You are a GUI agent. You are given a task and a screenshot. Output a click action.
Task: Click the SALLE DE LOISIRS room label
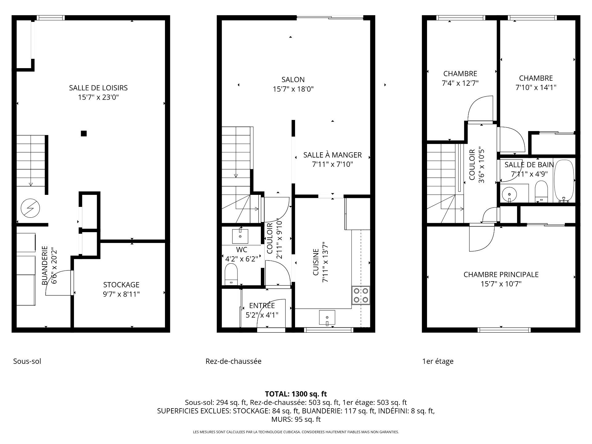coord(98,88)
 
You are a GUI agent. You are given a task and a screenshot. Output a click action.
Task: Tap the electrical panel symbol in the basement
coord(30,208)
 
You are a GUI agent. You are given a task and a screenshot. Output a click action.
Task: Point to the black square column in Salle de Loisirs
coord(84,134)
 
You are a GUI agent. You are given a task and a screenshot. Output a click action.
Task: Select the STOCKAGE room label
coord(121,285)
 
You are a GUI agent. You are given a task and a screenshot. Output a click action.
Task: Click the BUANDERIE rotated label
coord(45,265)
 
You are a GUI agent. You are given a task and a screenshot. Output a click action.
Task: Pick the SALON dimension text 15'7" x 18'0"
coord(293,89)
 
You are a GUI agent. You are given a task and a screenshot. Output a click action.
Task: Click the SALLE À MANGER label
coord(332,155)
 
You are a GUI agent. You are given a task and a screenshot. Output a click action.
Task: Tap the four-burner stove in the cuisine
coord(361,295)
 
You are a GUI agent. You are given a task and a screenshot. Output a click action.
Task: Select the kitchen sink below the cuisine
coord(327,318)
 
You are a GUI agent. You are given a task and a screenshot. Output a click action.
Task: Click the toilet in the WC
coord(231,275)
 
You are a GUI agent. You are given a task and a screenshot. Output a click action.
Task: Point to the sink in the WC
coord(240,236)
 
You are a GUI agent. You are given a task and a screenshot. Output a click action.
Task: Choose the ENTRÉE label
coord(262,306)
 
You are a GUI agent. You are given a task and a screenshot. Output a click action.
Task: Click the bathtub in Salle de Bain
coord(564,181)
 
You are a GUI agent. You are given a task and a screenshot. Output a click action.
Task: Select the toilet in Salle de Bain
coord(541,191)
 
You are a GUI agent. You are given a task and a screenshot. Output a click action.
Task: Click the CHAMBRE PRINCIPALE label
coord(501,274)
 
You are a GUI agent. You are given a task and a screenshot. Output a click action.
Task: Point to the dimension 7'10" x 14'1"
coord(536,88)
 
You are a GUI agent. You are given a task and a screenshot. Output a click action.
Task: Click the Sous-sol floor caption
coord(27,361)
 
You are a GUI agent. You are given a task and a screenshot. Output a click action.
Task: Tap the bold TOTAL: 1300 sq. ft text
coord(296,394)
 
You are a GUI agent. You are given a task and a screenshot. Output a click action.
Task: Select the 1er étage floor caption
coord(438,361)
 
